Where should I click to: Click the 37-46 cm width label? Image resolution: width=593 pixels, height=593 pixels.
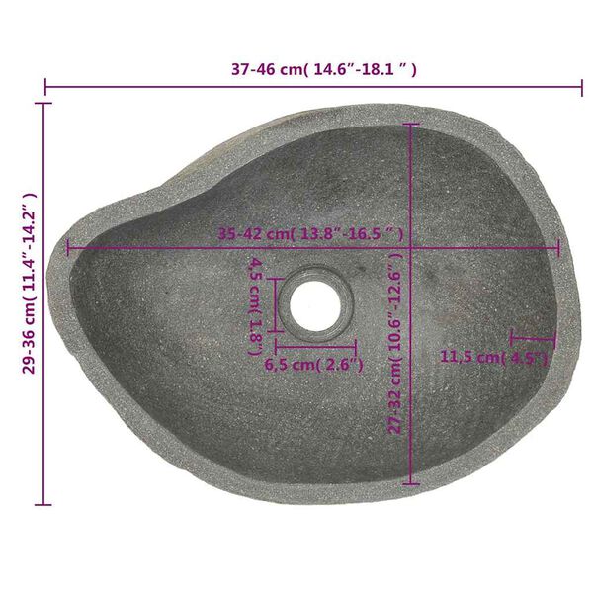point(323,69)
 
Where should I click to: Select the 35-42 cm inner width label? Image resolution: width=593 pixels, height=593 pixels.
point(310,233)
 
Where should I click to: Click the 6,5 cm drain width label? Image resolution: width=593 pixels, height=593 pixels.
point(313,364)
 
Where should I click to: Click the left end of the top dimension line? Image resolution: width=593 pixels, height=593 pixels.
point(46,87)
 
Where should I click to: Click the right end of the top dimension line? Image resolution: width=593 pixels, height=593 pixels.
point(581,87)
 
